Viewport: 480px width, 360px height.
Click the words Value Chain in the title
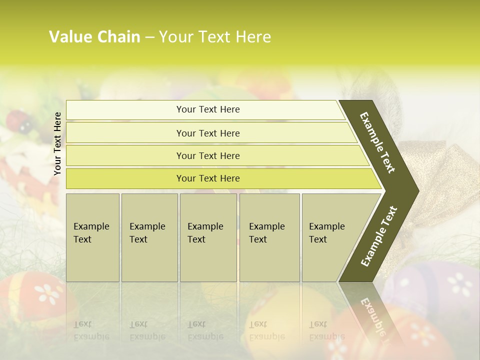94,37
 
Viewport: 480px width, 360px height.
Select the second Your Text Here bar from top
208,133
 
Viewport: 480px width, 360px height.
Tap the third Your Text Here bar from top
208,155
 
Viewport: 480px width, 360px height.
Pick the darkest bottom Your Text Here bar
208,178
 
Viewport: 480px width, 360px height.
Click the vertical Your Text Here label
57,143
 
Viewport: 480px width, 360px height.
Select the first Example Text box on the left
92,237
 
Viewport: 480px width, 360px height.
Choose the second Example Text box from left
149,237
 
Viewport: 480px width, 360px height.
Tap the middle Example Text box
208,237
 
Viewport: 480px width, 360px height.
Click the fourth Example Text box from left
269,237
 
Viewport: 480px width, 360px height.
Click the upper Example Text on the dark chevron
377,143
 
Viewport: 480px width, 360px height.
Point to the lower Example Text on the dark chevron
379,236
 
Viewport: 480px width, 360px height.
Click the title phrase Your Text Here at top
215,37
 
